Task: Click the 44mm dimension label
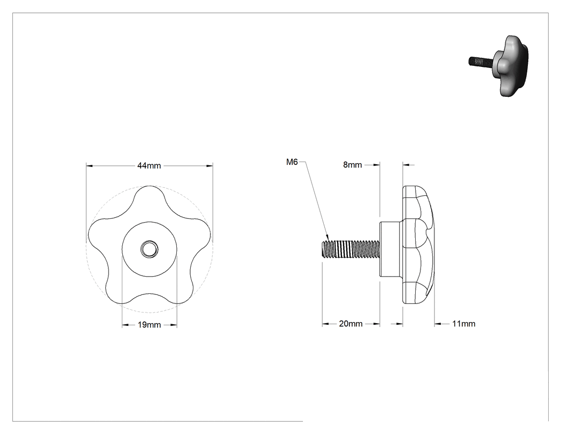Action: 149,165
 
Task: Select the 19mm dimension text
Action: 149,325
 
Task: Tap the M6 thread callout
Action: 292,162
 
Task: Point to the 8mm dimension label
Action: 353,165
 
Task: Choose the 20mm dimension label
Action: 350,324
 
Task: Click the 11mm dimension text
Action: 464,324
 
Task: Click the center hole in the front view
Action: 149,248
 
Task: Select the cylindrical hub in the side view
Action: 392,249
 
